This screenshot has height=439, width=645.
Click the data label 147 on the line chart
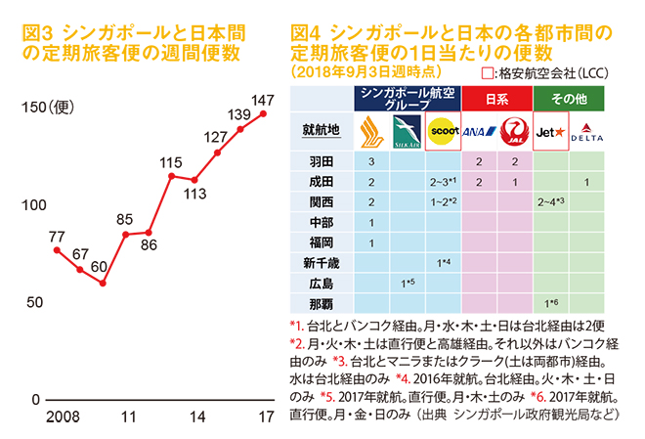coord(262,100)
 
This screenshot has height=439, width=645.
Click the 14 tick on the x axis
coord(195,417)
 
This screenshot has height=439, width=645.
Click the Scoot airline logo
coord(441,129)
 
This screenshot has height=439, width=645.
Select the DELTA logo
coord(586,129)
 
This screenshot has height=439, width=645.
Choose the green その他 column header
coord(570,98)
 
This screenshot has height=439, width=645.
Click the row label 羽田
coord(322,161)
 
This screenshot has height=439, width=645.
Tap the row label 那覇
coord(322,304)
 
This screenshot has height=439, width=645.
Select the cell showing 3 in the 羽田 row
coord(371,161)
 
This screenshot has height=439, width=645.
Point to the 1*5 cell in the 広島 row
coord(408,284)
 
